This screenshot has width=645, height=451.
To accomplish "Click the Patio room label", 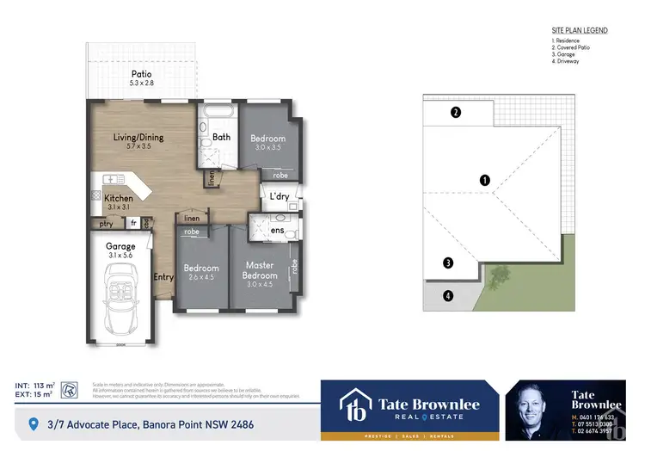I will pyautogui.click(x=141, y=74).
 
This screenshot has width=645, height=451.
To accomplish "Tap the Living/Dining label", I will pyautogui.click(x=138, y=137).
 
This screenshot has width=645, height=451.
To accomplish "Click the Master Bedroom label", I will pyautogui.click(x=260, y=269).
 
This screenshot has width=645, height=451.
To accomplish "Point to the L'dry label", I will pyautogui.click(x=279, y=198).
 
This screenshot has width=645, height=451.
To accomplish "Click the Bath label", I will pyautogui.click(x=221, y=137).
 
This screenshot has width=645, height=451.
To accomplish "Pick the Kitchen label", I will pyautogui.click(x=119, y=199).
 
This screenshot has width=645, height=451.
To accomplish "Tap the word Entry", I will pyautogui.click(x=163, y=277).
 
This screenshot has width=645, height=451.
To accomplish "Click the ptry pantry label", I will pyautogui.click(x=107, y=223).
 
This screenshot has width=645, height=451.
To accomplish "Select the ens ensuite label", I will pyautogui.click(x=278, y=231).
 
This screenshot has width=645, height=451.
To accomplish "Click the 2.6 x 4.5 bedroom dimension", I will pyautogui.click(x=201, y=277).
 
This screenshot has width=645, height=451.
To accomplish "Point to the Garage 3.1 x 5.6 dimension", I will pyautogui.click(x=120, y=255).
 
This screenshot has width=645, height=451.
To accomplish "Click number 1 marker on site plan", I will pyautogui.click(x=485, y=180).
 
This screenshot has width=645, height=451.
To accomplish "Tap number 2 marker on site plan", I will pyautogui.click(x=457, y=112).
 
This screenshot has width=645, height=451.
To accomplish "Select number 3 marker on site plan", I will pyautogui.click(x=447, y=263).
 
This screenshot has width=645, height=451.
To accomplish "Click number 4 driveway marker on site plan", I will pyautogui.click(x=447, y=296).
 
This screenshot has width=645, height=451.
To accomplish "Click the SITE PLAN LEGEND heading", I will pyautogui.click(x=579, y=30).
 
